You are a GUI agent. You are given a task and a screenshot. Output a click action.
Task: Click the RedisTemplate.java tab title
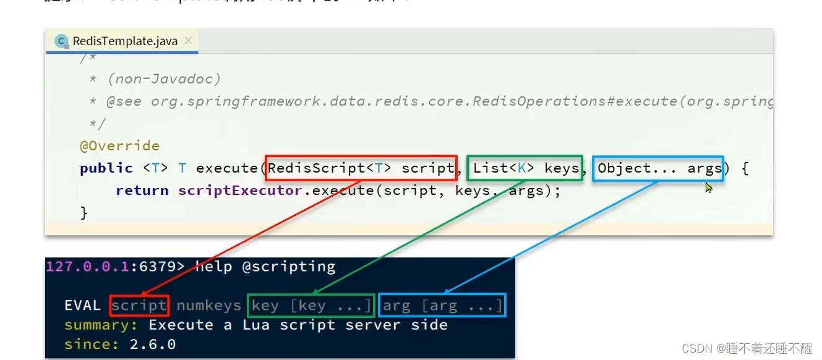pyautogui.click(x=125, y=41)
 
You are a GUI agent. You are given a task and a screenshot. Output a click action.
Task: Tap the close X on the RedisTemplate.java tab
pyautogui.click(x=189, y=41)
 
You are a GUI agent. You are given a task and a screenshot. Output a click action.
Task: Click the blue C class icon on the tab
pyautogui.click(x=61, y=41)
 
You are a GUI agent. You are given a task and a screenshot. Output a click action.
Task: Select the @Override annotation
pyautogui.click(x=119, y=146)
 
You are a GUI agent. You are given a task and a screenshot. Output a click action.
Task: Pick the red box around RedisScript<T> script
pyautogui.click(x=361, y=168)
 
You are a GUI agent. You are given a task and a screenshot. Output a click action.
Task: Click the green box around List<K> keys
pyautogui.click(x=525, y=168)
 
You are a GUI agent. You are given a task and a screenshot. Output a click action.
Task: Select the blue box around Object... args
pyautogui.click(x=657, y=168)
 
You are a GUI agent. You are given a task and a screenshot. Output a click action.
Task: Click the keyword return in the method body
pyautogui.click(x=142, y=191)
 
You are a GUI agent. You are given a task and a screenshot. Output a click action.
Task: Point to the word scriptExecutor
pyautogui.click(x=240, y=191)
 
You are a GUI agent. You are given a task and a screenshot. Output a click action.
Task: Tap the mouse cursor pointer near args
pyautogui.click(x=709, y=187)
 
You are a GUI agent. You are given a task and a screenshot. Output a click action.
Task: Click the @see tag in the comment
pyautogui.click(x=124, y=101)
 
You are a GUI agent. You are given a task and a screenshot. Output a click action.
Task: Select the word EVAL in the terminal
pyautogui.click(x=82, y=306)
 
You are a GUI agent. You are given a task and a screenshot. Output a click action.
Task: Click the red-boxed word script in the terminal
pyautogui.click(x=139, y=306)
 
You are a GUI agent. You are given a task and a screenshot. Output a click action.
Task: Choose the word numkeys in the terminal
pyautogui.click(x=208, y=306)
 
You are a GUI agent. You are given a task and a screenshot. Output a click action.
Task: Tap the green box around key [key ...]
pyautogui.click(x=310, y=306)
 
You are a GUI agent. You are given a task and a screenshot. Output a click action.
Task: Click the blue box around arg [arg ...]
pyautogui.click(x=442, y=306)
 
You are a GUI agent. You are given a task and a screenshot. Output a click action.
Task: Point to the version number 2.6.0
pyautogui.click(x=153, y=344)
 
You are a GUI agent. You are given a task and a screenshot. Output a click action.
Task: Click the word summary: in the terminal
pyautogui.click(x=102, y=325)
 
